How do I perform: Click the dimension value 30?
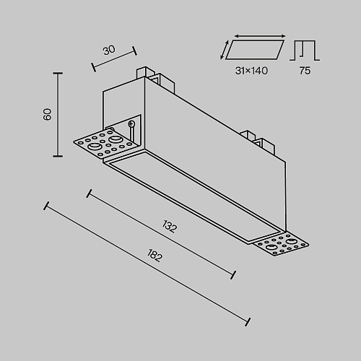[109, 50]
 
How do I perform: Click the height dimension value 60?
[48, 114]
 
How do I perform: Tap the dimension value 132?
[170, 227]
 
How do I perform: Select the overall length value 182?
[155, 256]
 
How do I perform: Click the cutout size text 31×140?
[251, 71]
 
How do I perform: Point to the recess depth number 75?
[305, 71]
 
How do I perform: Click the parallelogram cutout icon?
[255, 50]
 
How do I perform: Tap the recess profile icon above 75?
[305, 51]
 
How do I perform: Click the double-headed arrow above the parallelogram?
[260, 36]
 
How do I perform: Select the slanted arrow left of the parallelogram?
[224, 50]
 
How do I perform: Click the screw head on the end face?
[131, 124]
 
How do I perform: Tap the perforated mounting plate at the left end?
[106, 144]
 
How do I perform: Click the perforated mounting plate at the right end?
[281, 245]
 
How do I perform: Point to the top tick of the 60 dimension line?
[58, 73]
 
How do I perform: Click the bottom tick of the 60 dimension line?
[58, 156]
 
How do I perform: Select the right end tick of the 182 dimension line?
[248, 322]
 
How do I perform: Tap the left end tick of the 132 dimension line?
[89, 193]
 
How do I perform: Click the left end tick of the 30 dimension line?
[94, 67]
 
